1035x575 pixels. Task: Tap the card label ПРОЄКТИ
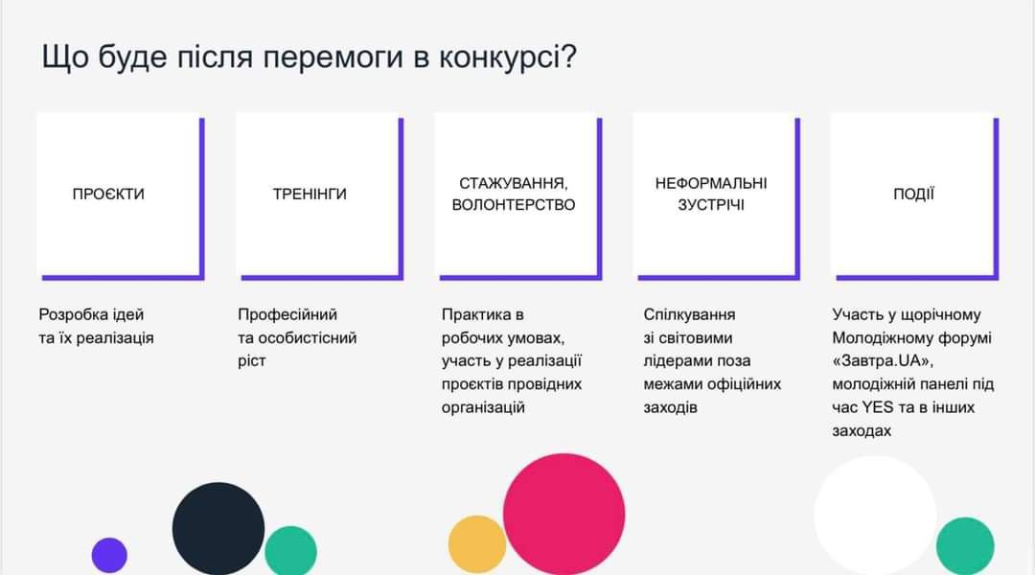pos(108,195)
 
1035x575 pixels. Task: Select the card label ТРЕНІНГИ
pos(310,195)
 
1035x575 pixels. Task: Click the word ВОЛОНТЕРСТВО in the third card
pos(514,205)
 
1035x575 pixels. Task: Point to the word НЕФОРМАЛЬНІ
pos(711,184)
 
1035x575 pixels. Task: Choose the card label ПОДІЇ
pos(913,194)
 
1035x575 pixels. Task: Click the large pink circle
pos(563,514)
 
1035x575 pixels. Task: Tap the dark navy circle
pos(218,528)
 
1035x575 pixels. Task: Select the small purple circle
pos(109,555)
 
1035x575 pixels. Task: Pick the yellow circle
pos(477,544)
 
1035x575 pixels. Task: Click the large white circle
pos(875,515)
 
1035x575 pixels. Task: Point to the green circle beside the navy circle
pos(291,551)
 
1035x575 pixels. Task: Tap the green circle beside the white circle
pos(965,546)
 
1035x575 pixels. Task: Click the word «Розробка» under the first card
pos(71,315)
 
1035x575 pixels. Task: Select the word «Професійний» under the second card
pos(287,315)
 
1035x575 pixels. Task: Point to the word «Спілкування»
pos(689,315)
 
